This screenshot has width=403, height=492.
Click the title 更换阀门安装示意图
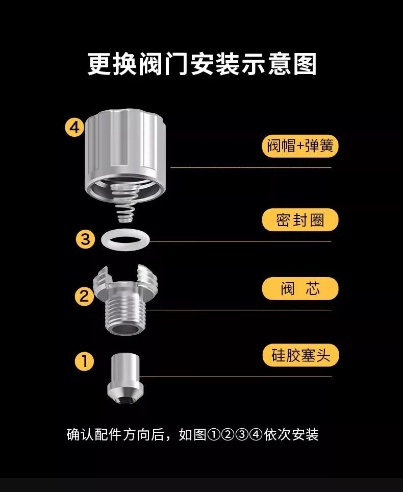click(202, 64)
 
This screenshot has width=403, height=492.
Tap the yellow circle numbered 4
click(74, 128)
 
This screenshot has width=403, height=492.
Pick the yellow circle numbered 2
click(84, 296)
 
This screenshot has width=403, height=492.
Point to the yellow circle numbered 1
click(84, 361)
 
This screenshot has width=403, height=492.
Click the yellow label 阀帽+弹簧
click(300, 146)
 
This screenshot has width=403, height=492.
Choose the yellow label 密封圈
click(300, 220)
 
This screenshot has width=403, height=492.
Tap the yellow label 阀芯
click(300, 288)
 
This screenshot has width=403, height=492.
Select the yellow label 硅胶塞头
click(300, 355)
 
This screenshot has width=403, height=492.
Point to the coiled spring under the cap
click(125, 203)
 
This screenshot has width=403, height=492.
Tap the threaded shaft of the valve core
click(125, 314)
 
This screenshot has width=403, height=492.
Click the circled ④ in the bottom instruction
click(256, 435)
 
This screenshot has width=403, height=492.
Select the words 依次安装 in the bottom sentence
click(291, 435)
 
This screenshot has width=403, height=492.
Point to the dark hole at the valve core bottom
click(125, 330)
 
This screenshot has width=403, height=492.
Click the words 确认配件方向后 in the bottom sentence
click(115, 435)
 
